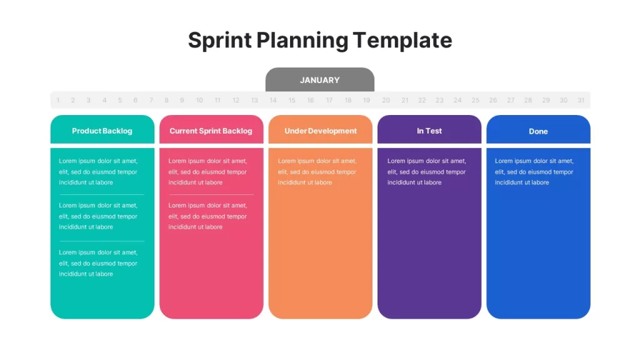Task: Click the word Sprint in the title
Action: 219,41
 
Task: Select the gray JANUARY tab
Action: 319,79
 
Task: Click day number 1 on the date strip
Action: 58,100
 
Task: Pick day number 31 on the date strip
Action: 581,100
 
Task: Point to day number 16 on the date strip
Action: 310,100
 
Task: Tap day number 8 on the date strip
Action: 166,100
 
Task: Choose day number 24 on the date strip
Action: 457,100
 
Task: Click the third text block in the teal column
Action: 98,263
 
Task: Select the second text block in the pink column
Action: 207,216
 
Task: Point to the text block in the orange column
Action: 317,172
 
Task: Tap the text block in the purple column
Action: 426,172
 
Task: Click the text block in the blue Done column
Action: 534,172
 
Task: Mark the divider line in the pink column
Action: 211,195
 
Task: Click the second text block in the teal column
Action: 98,216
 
